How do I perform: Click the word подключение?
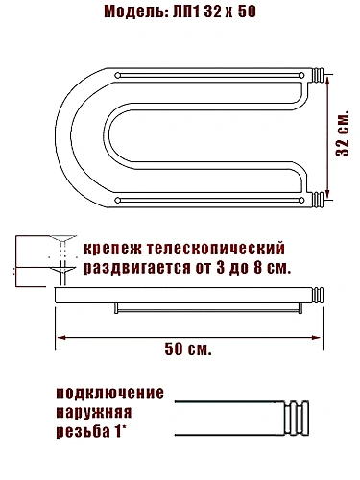coord(109,394)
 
